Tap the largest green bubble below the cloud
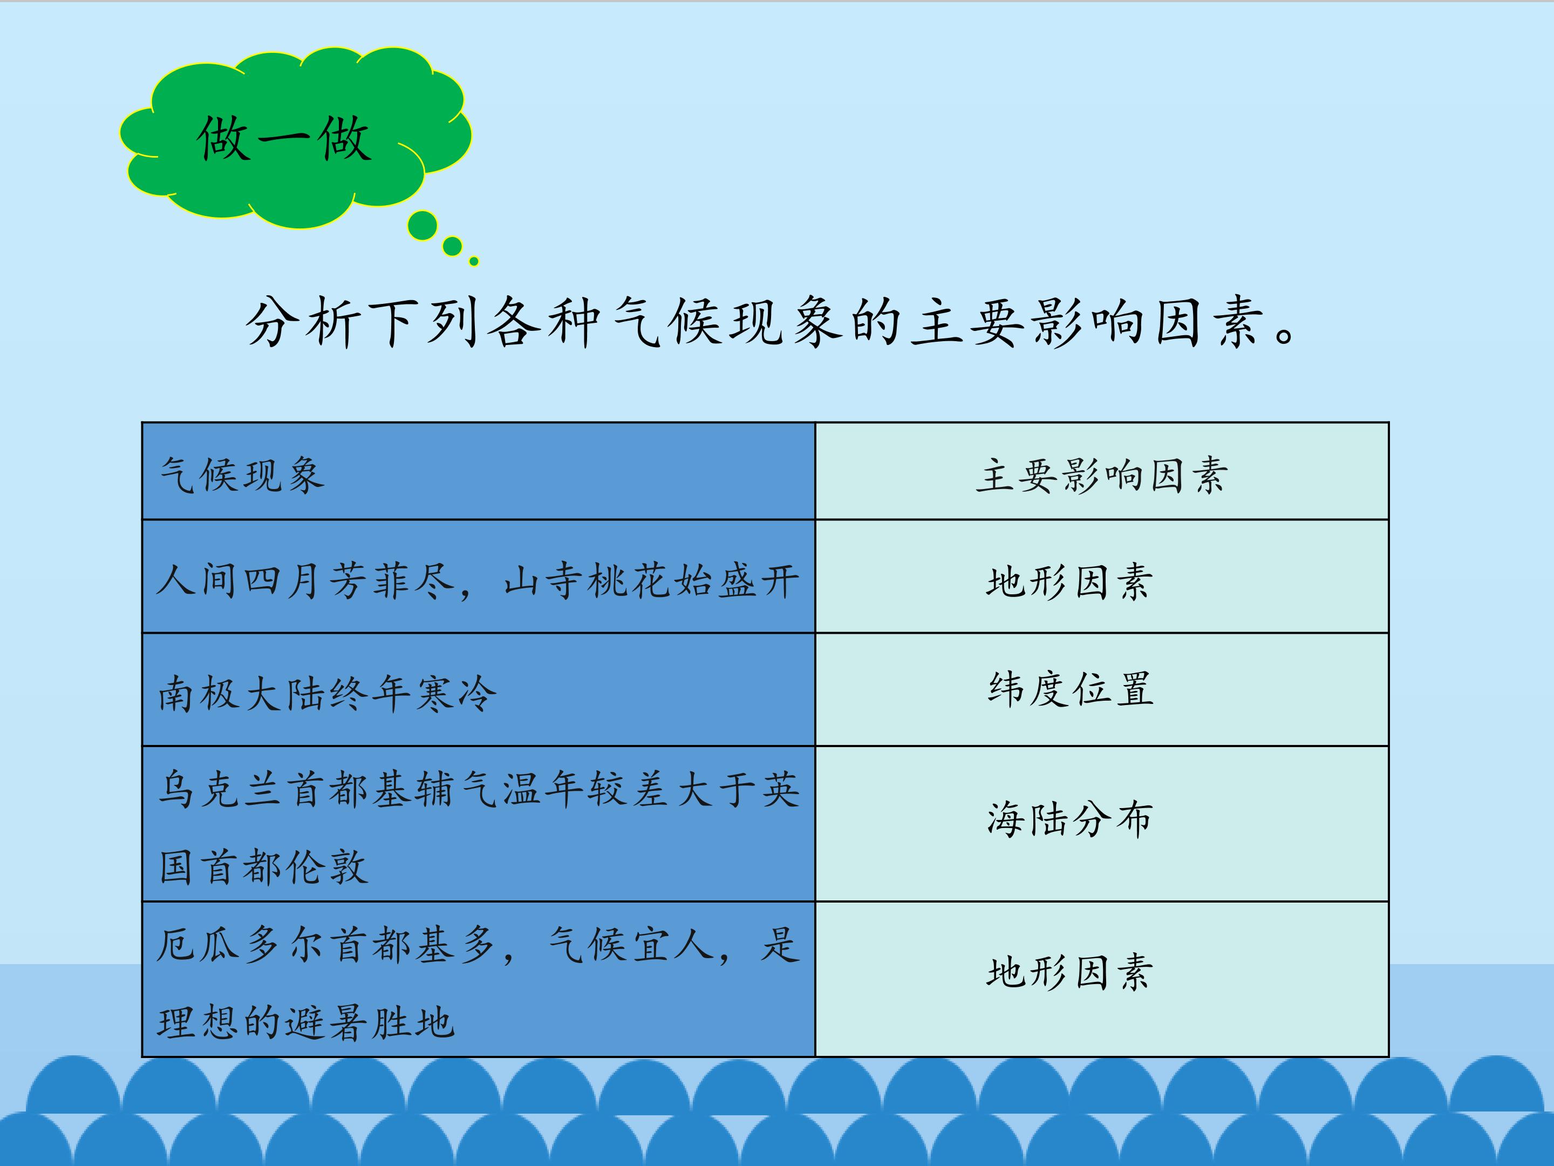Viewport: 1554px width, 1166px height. tap(422, 226)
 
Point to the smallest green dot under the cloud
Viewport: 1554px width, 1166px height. tap(474, 261)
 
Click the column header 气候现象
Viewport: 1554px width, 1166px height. tap(242, 475)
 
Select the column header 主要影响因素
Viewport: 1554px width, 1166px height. tap(1102, 475)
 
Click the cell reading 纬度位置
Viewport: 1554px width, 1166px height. tap(1071, 689)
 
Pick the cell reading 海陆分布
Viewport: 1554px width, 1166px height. tap(1070, 819)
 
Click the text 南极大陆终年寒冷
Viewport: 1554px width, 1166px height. tap(328, 694)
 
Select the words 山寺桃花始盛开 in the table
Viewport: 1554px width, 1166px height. tap(651, 582)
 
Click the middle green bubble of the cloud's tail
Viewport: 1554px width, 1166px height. tap(452, 247)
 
